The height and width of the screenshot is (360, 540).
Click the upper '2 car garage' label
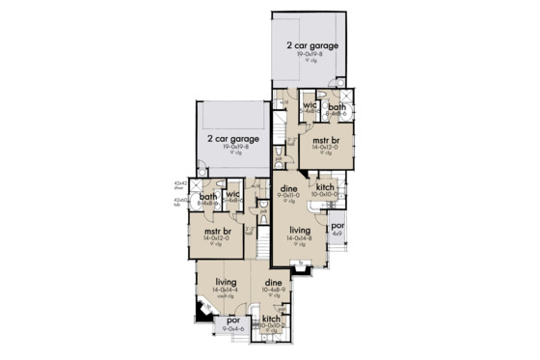(311, 46)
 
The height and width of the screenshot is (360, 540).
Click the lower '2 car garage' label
(237, 138)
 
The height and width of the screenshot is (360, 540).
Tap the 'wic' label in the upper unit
(310, 106)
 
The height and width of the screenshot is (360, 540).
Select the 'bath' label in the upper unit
(337, 107)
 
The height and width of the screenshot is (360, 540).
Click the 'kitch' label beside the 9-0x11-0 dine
(325, 186)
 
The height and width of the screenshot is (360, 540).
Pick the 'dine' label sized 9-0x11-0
(287, 188)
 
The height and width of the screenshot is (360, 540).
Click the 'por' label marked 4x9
(337, 226)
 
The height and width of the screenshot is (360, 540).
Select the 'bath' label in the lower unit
(208, 197)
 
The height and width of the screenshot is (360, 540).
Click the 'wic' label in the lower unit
(232, 196)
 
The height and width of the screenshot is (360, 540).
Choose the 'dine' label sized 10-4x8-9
(275, 283)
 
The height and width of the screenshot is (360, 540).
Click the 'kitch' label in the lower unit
(272, 318)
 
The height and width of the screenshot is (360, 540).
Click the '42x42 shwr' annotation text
(179, 183)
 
